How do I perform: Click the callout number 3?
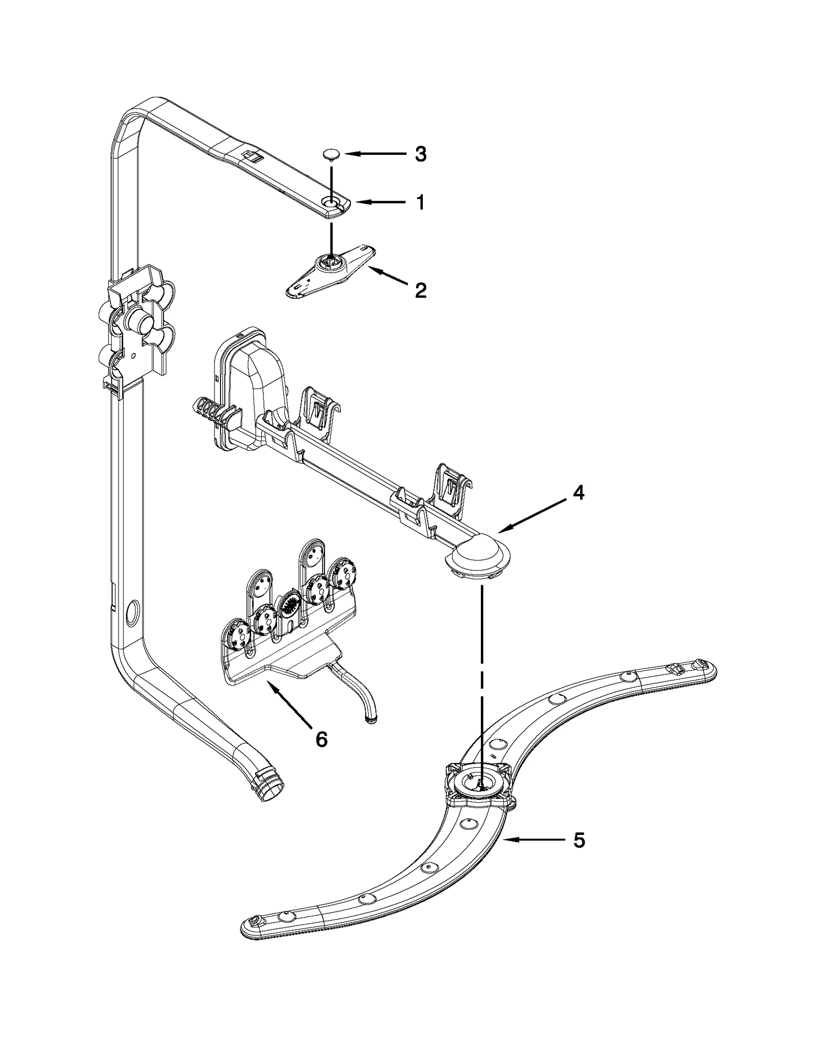tap(420, 154)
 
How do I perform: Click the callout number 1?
tap(420, 203)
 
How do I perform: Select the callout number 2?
tap(420, 291)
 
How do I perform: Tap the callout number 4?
tap(578, 493)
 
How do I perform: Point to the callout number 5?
tap(579, 841)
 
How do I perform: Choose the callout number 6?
tap(321, 739)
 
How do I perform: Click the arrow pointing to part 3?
tap(372, 153)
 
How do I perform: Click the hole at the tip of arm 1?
tap(332, 204)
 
